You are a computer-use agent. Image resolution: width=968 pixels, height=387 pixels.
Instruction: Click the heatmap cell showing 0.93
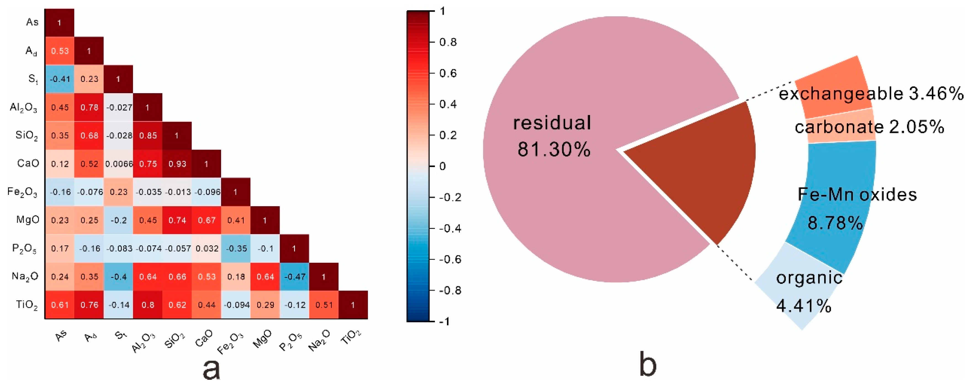coord(177,164)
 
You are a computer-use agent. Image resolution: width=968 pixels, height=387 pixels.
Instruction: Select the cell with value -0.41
coord(60,79)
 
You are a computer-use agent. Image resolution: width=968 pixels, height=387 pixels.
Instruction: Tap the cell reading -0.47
coord(295,277)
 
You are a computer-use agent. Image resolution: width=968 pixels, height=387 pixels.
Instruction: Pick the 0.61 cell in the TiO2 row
coord(60,305)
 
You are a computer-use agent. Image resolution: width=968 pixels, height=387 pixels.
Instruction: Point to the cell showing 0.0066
coord(119,164)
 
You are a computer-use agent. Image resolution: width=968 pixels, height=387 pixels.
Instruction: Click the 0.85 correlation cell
coord(148,135)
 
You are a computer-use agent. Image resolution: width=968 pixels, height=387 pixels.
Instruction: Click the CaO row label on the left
coord(28,163)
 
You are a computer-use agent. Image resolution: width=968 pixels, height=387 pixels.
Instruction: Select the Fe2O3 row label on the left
coord(23,192)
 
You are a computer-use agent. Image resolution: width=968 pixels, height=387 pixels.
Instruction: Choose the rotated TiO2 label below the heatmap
coord(351,337)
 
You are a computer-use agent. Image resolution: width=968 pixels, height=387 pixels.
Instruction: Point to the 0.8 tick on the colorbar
coord(448,42)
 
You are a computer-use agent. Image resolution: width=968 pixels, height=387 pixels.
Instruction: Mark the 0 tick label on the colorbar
coord(443,166)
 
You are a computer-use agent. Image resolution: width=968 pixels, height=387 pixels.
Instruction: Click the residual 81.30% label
coord(552,136)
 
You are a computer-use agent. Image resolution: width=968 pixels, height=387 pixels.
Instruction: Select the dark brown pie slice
coord(707,169)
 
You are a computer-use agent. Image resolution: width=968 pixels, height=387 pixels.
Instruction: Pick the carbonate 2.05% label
coord(869,127)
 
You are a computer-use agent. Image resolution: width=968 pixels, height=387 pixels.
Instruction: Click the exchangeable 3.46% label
coord(871,93)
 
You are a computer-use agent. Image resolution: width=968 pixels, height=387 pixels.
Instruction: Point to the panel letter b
coord(648,364)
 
